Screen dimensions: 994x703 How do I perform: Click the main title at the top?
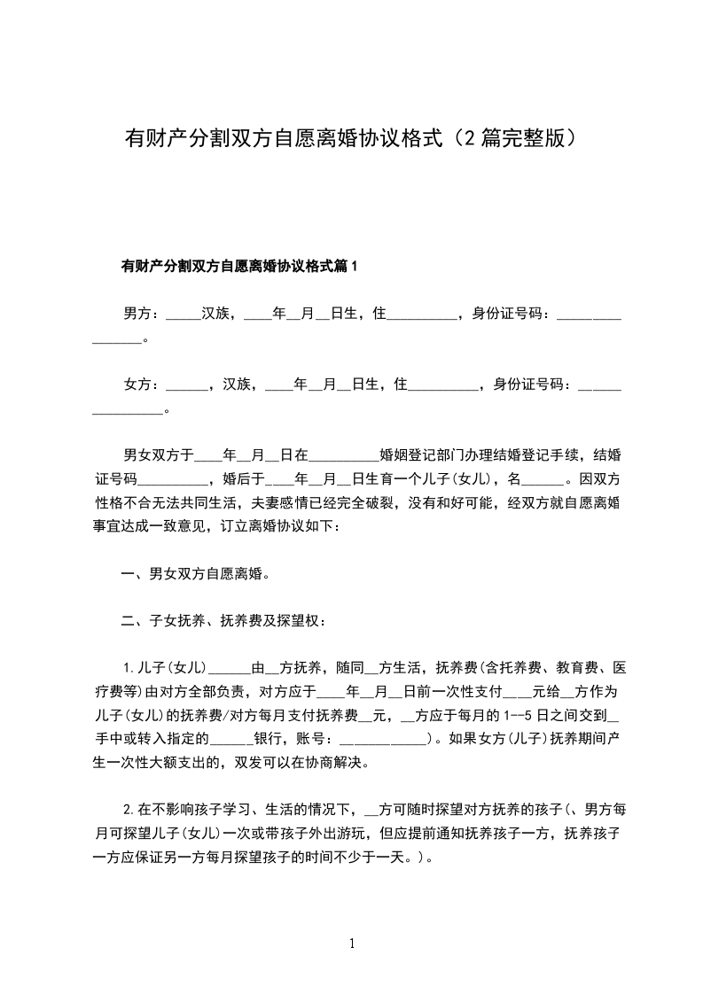tap(351, 139)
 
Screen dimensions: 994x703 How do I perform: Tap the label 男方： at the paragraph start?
tap(141, 314)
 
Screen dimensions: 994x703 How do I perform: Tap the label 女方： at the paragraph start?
tap(141, 384)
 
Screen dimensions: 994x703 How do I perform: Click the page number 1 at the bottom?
tap(352, 944)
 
